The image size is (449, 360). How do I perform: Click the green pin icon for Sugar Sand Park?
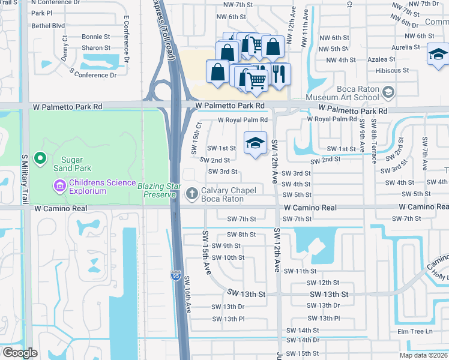click(40, 158)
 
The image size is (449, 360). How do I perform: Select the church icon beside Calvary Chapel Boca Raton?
click(191, 193)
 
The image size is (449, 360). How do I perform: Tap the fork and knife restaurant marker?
click(279, 74)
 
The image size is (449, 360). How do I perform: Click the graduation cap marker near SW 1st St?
click(256, 143)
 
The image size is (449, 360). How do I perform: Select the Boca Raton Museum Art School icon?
click(388, 91)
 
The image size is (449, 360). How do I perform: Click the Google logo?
click(19, 353)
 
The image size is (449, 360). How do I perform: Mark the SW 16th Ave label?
click(188, 294)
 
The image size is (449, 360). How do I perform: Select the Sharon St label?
click(96, 47)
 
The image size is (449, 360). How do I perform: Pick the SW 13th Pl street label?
click(324, 318)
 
